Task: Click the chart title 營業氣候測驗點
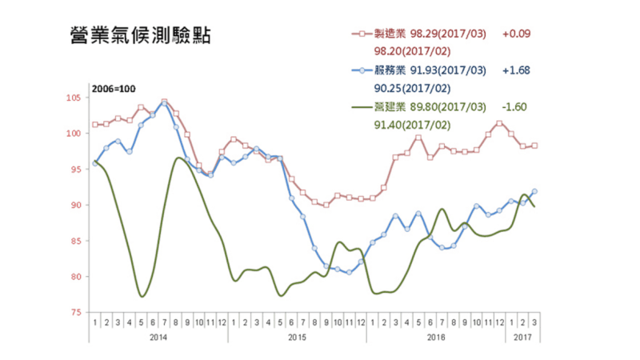(140, 37)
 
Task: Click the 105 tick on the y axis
(74, 98)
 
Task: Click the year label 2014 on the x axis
(158, 339)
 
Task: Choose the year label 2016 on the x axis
(436, 339)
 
